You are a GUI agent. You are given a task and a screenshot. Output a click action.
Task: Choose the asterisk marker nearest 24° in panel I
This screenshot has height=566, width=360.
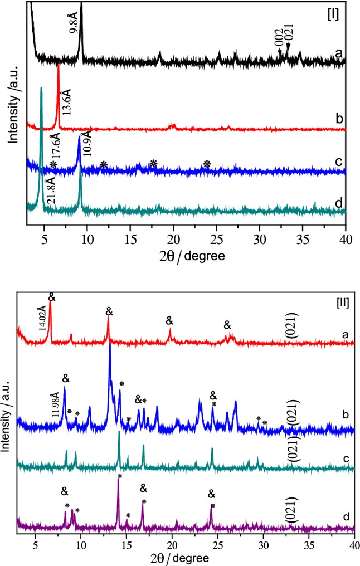pos(207,164)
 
